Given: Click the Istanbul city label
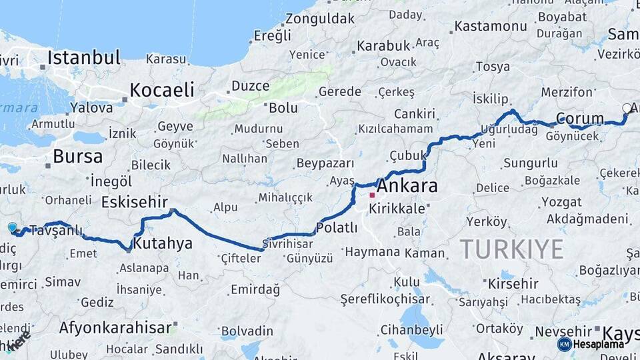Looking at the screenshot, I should (84, 57).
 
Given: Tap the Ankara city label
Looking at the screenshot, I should (407, 185).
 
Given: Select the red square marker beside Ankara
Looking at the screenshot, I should (372, 195).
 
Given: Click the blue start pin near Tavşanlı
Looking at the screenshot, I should (13, 228).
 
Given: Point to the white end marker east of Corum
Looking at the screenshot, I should (627, 108).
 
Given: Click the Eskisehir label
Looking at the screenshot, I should (134, 201).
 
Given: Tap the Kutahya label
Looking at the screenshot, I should (163, 243).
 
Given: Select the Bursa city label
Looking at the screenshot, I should (78, 157).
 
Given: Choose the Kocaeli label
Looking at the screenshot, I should (162, 90).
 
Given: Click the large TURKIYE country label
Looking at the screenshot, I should (512, 249).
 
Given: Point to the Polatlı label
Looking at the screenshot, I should (337, 228).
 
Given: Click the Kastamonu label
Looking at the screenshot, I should (491, 27).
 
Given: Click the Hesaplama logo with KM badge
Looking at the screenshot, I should (591, 344).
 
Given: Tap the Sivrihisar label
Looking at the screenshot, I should (288, 243).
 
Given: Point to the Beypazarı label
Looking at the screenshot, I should (325, 163).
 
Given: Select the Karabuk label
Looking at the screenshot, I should (383, 46).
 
